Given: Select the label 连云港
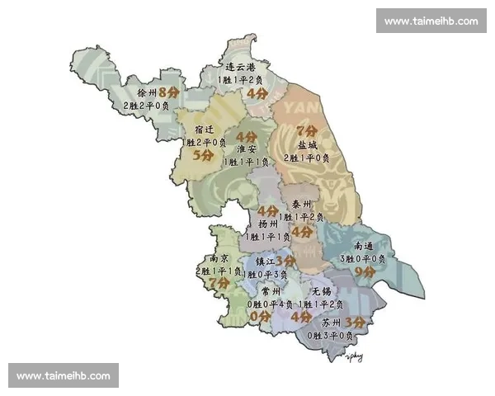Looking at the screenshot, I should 240,66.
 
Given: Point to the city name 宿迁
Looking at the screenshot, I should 205,130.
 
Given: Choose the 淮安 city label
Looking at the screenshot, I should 246,149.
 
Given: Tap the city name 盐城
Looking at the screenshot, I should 307,144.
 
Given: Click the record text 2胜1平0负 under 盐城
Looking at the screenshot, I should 308,158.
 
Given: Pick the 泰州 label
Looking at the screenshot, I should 301,204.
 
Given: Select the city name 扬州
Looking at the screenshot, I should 268,224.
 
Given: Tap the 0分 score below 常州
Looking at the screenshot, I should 261,316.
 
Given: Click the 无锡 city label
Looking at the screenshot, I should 322,292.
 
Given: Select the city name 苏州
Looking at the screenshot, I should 332,323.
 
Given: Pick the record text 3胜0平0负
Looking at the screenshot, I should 364,258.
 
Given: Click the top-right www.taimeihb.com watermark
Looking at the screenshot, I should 431,21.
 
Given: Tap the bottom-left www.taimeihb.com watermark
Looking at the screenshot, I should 63,376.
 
